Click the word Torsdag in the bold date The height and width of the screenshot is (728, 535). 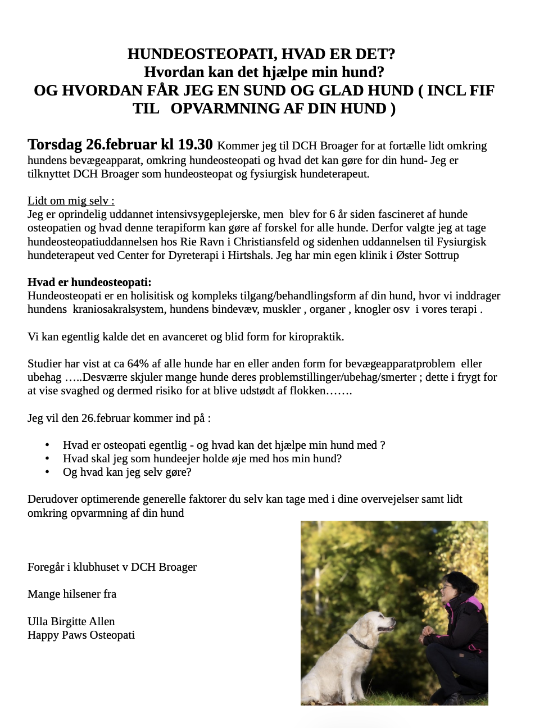(55, 144)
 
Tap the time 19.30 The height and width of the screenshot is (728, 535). (195, 144)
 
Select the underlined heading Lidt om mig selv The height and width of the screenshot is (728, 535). (71, 201)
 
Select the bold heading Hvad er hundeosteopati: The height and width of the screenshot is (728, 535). (89, 282)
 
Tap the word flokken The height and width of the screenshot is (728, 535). (307, 390)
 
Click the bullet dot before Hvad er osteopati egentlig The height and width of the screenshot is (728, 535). (47, 445)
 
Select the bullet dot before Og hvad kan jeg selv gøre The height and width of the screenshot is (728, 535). (47, 472)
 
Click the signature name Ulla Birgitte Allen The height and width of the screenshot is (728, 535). (71, 621)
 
